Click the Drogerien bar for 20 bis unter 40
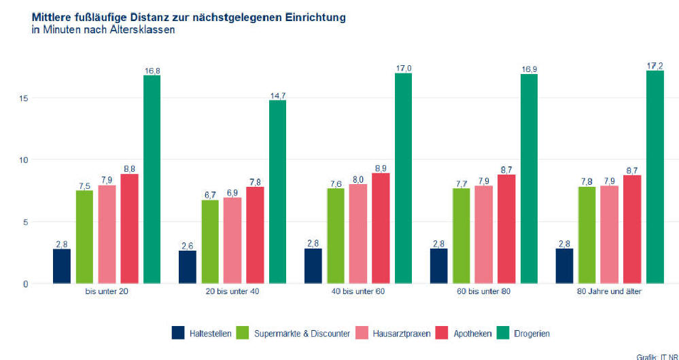point(277,192)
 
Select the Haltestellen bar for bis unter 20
point(62,266)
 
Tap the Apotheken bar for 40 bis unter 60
point(381,228)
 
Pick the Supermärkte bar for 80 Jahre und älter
point(587,235)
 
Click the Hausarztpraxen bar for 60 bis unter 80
point(484,234)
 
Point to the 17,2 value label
point(655,66)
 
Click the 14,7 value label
point(277,96)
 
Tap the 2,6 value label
point(188,246)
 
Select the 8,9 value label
point(381,168)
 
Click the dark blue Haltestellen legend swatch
point(178,334)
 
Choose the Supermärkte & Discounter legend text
point(302,334)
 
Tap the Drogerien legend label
point(532,334)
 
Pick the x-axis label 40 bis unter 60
point(358,291)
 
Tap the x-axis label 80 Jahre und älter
point(609,291)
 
